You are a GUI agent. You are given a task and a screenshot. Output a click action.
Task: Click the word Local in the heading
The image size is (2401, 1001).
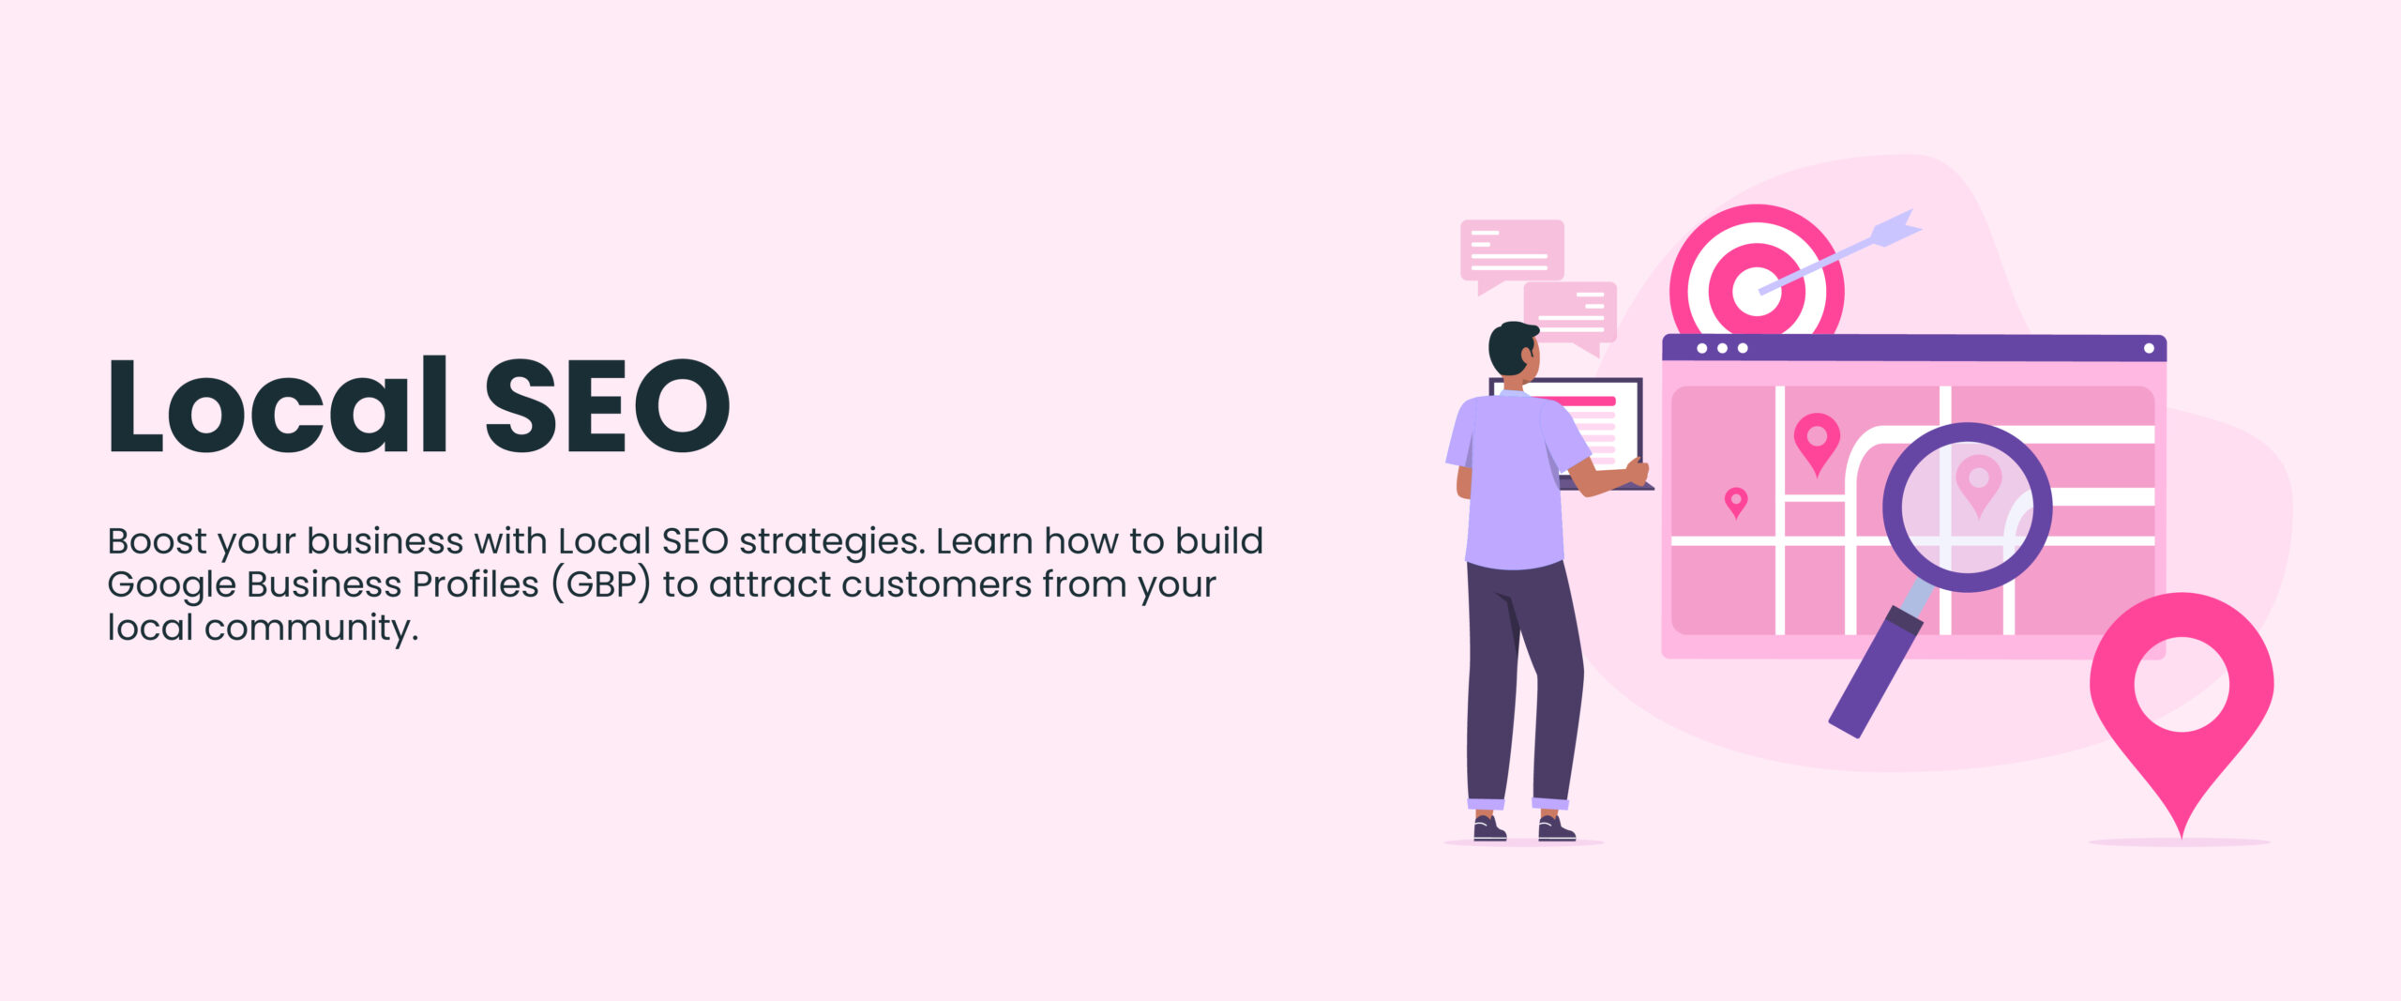[278, 406]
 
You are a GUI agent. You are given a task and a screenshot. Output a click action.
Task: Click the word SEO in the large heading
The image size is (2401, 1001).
[606, 406]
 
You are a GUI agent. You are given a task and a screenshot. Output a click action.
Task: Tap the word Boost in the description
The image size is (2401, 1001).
[157, 541]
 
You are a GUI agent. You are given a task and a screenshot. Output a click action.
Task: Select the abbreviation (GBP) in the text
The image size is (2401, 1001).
[600, 584]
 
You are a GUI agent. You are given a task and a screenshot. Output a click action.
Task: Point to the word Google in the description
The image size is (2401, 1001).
[172, 584]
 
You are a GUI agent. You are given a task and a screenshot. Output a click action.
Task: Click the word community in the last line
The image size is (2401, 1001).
[310, 628]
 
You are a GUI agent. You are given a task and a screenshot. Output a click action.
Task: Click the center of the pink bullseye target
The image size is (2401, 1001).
[1756, 290]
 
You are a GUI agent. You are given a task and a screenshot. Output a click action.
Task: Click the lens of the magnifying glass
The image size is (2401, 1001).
[1968, 507]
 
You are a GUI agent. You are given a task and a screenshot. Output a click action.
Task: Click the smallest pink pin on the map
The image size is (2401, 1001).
[1736, 501]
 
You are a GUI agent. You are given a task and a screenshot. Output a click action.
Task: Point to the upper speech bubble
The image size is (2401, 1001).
[1512, 250]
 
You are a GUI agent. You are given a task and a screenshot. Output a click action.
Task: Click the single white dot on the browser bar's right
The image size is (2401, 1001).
[2149, 348]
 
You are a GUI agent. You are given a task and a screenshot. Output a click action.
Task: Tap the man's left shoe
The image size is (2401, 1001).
[1488, 829]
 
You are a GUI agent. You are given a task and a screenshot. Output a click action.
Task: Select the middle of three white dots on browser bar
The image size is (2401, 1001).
[1722, 348]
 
